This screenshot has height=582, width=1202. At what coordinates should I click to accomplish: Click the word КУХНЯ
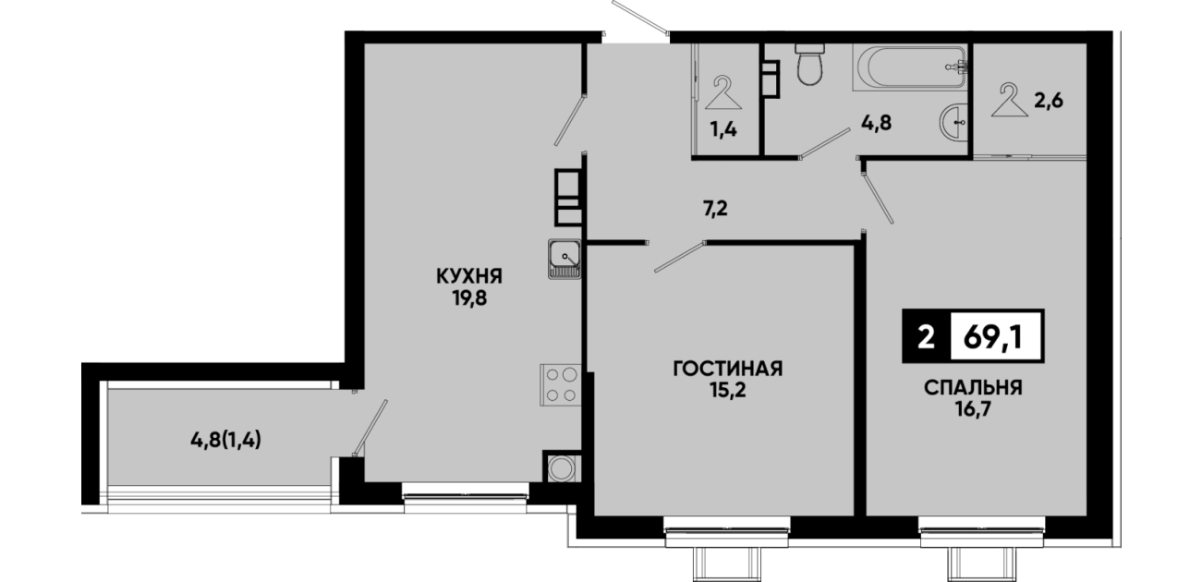point(469,276)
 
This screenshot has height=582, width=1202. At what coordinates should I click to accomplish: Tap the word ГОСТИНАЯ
point(728,369)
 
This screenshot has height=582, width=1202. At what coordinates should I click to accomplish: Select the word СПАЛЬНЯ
point(974,388)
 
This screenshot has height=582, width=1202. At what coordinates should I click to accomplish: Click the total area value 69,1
point(992,337)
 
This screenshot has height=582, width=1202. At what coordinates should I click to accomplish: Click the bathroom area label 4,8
point(876,123)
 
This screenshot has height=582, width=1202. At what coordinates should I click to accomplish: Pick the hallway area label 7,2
point(715,208)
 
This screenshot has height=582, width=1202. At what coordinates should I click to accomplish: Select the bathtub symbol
point(910,67)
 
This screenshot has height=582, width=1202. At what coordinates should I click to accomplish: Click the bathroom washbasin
point(953,122)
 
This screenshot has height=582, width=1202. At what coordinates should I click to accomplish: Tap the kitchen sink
point(565,259)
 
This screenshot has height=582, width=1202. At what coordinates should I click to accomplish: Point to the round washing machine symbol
point(562,468)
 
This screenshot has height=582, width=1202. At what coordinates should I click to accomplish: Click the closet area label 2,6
point(1049,101)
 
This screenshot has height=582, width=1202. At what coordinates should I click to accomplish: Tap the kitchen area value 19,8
point(469,298)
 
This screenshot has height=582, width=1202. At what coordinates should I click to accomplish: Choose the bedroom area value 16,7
point(973,410)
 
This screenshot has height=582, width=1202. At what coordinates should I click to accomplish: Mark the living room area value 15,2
point(728,391)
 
